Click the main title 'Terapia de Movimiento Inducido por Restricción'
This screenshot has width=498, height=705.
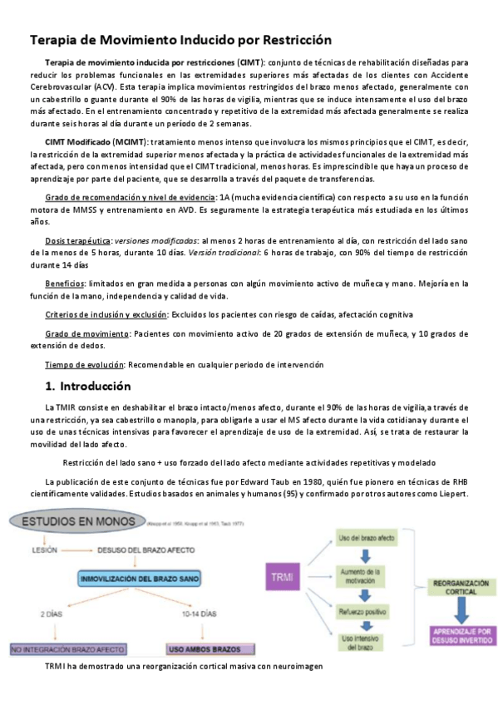pyautogui.click(x=180, y=40)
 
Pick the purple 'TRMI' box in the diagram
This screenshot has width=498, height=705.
pyautogui.click(x=287, y=575)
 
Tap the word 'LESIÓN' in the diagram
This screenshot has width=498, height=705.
pyautogui.click(x=45, y=550)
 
